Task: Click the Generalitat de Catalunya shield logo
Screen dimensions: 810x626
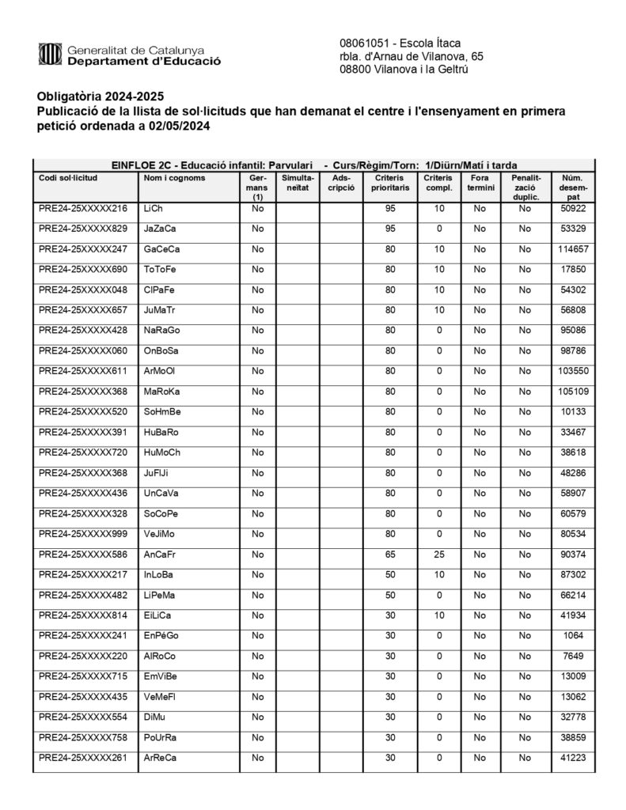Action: tap(50, 55)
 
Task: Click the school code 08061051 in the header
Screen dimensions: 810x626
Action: tap(363, 42)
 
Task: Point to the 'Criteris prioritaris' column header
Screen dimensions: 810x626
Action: tap(390, 184)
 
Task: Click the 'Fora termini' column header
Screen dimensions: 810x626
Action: tap(480, 184)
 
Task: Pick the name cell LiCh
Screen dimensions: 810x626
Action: tap(154, 209)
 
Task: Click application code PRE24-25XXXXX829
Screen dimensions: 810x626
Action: tap(83, 229)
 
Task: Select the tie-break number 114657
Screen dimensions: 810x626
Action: tap(572, 249)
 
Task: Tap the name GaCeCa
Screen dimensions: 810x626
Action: tap(162, 249)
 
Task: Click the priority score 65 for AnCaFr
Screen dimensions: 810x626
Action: tap(390, 553)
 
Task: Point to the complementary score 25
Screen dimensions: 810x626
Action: tap(438, 553)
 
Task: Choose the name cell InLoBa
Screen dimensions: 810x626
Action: tap(159, 573)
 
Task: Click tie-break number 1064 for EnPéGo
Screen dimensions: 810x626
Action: tap(572, 635)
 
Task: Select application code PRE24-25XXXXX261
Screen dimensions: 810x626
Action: tap(83, 757)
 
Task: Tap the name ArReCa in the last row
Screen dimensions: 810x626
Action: tap(161, 757)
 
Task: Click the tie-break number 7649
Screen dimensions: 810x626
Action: tap(572, 656)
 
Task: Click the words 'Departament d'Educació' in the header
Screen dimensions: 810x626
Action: tap(144, 61)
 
